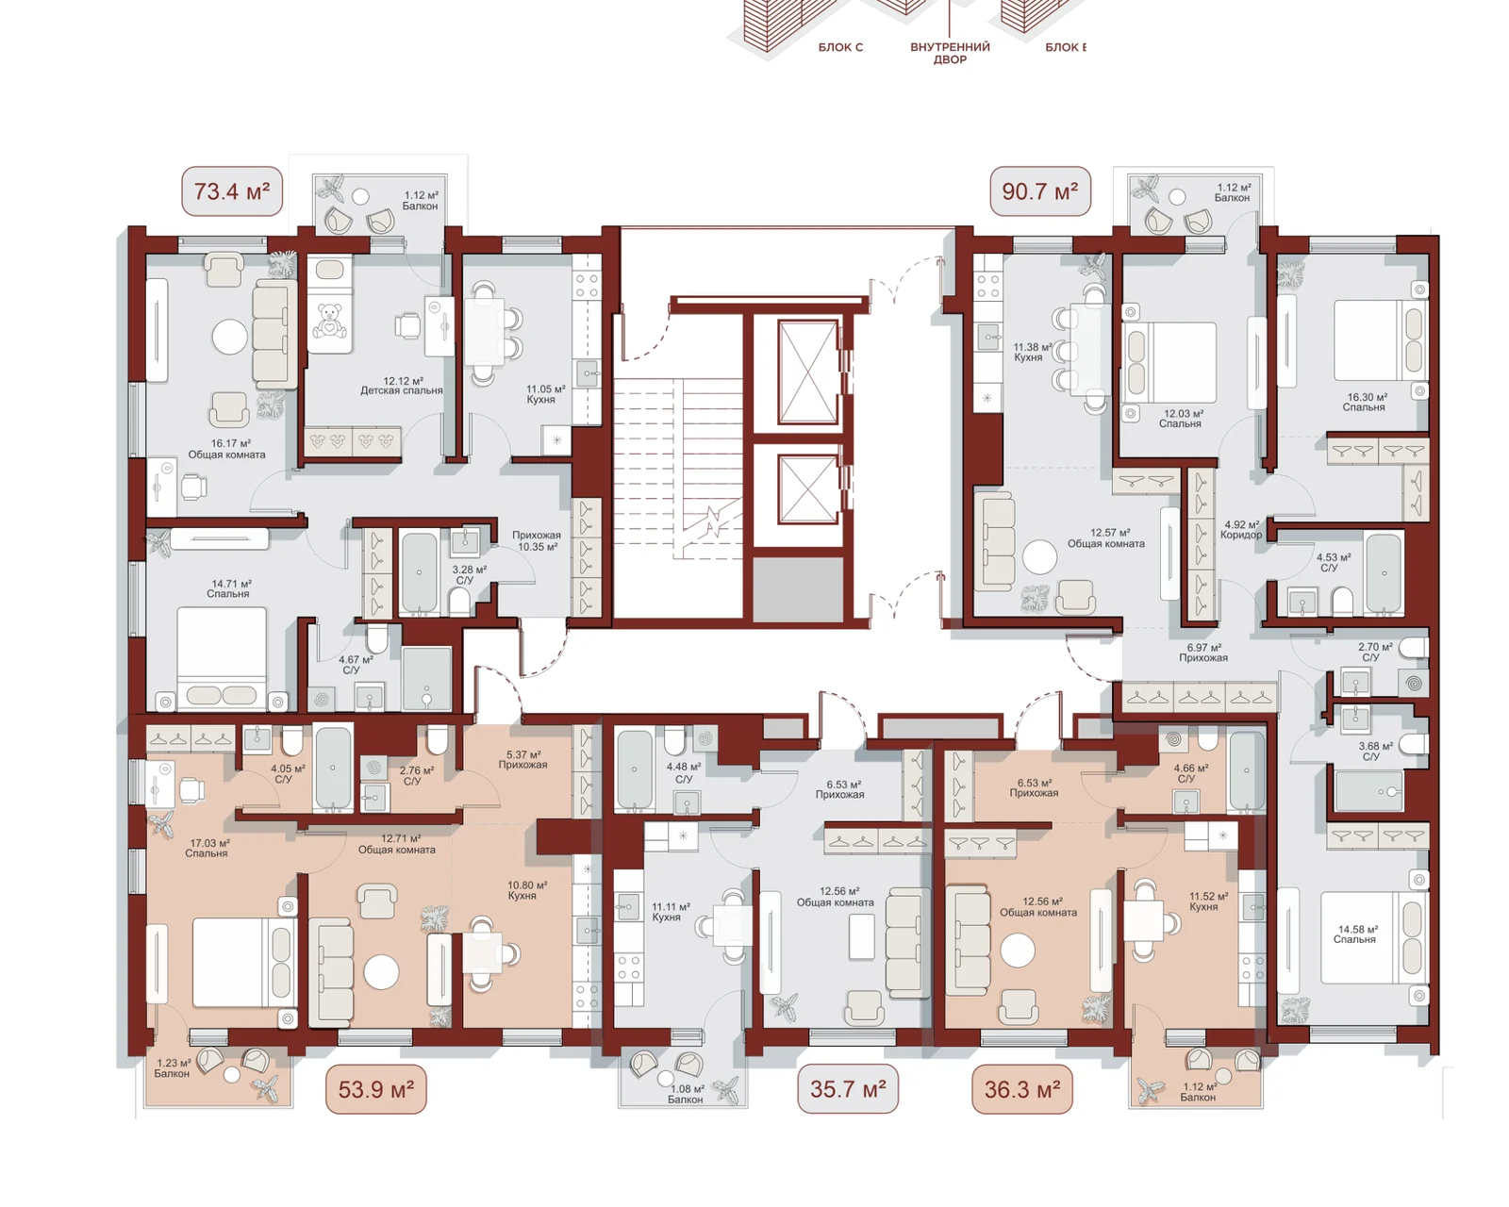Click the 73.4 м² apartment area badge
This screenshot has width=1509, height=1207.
[x=232, y=190]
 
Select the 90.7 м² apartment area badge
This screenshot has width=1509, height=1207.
[x=1040, y=190]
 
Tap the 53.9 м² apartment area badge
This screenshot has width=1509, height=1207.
[x=376, y=1089]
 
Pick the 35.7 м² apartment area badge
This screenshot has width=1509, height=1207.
[x=848, y=1089]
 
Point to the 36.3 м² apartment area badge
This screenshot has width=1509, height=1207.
[x=1021, y=1089]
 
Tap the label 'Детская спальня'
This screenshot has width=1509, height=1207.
[x=402, y=390]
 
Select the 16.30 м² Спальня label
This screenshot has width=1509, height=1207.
[x=1364, y=402]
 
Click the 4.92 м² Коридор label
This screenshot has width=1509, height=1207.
[x=1241, y=530]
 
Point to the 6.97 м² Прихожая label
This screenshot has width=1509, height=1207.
[x=1203, y=653]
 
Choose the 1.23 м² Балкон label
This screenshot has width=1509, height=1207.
[x=173, y=1068]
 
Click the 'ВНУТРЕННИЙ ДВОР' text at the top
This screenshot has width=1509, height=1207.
[x=950, y=54]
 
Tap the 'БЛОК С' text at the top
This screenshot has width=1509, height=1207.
[x=840, y=48]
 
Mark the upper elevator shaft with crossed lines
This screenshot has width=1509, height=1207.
[x=808, y=372]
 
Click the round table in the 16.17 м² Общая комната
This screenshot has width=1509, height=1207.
[x=230, y=338]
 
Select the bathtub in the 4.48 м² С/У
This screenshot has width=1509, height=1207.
[x=635, y=769]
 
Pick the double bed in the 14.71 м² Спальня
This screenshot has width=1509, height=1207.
[x=222, y=658]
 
